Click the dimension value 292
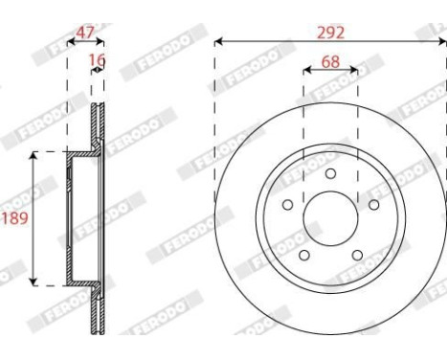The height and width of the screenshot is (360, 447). [x=330, y=33]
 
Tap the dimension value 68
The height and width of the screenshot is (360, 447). [x=330, y=61]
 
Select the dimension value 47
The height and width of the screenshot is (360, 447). [x=85, y=33]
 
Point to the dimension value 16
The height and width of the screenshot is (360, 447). [x=97, y=59]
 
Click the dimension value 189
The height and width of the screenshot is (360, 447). [x=15, y=218]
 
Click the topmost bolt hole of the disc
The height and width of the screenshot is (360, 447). [x=330, y=173]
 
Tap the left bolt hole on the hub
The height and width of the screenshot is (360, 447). [x=288, y=205]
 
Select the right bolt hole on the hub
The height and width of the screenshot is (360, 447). [x=373, y=205]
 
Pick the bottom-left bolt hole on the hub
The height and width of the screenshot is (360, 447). [x=304, y=255]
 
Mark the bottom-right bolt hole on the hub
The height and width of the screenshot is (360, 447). [x=357, y=255]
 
